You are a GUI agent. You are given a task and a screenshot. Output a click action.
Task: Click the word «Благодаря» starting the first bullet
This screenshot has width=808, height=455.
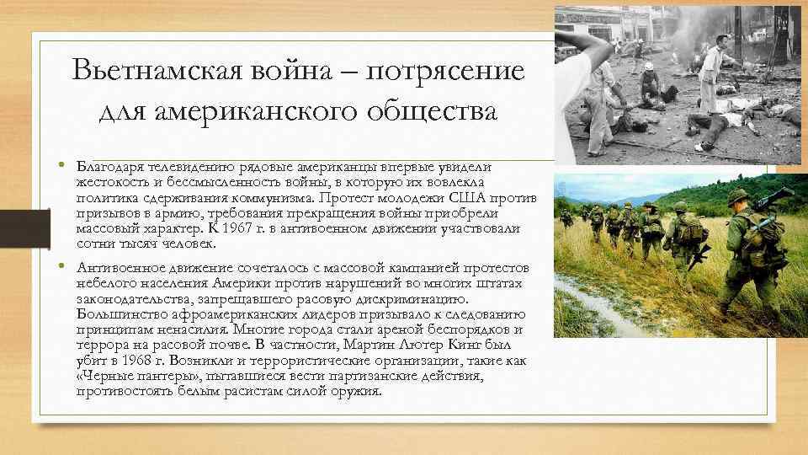click(104, 168)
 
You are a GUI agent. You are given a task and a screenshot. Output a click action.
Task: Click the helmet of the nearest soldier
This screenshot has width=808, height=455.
click(738, 197)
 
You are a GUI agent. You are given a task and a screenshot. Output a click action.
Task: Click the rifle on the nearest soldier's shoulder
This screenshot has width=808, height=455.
click(771, 201)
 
